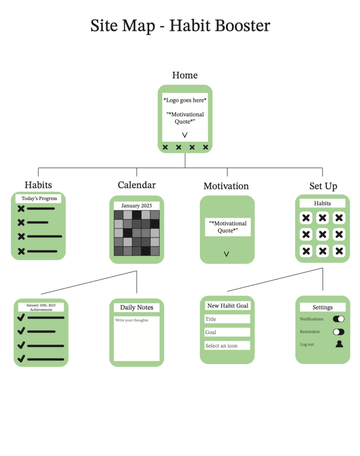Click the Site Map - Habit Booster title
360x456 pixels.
pyautogui.click(x=180, y=25)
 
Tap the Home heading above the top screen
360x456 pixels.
pyautogui.click(x=185, y=75)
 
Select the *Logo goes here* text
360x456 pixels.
pyautogui.click(x=185, y=101)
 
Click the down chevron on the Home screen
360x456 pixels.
pyautogui.click(x=184, y=134)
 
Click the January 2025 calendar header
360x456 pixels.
pyautogui.click(x=137, y=206)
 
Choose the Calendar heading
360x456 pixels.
pyautogui.click(x=137, y=185)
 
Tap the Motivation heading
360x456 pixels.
pyautogui.click(x=226, y=186)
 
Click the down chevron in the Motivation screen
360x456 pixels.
pyautogui.click(x=226, y=254)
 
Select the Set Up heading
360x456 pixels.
pyautogui.click(x=323, y=186)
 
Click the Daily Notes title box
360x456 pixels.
pyautogui.click(x=137, y=307)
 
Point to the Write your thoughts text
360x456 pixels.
pyautogui.click(x=132, y=320)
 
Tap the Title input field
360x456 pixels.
pyautogui.click(x=227, y=319)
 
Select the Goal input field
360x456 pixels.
pyautogui.click(x=227, y=332)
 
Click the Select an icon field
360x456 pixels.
pyautogui.click(x=227, y=346)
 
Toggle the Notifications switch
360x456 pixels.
pyautogui.click(x=339, y=319)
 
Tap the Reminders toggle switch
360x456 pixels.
pyautogui.click(x=339, y=332)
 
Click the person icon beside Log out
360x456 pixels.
pyautogui.click(x=339, y=344)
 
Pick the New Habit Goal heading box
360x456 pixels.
pyautogui.click(x=228, y=306)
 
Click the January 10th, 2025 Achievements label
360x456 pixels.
pyautogui.click(x=41, y=307)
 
